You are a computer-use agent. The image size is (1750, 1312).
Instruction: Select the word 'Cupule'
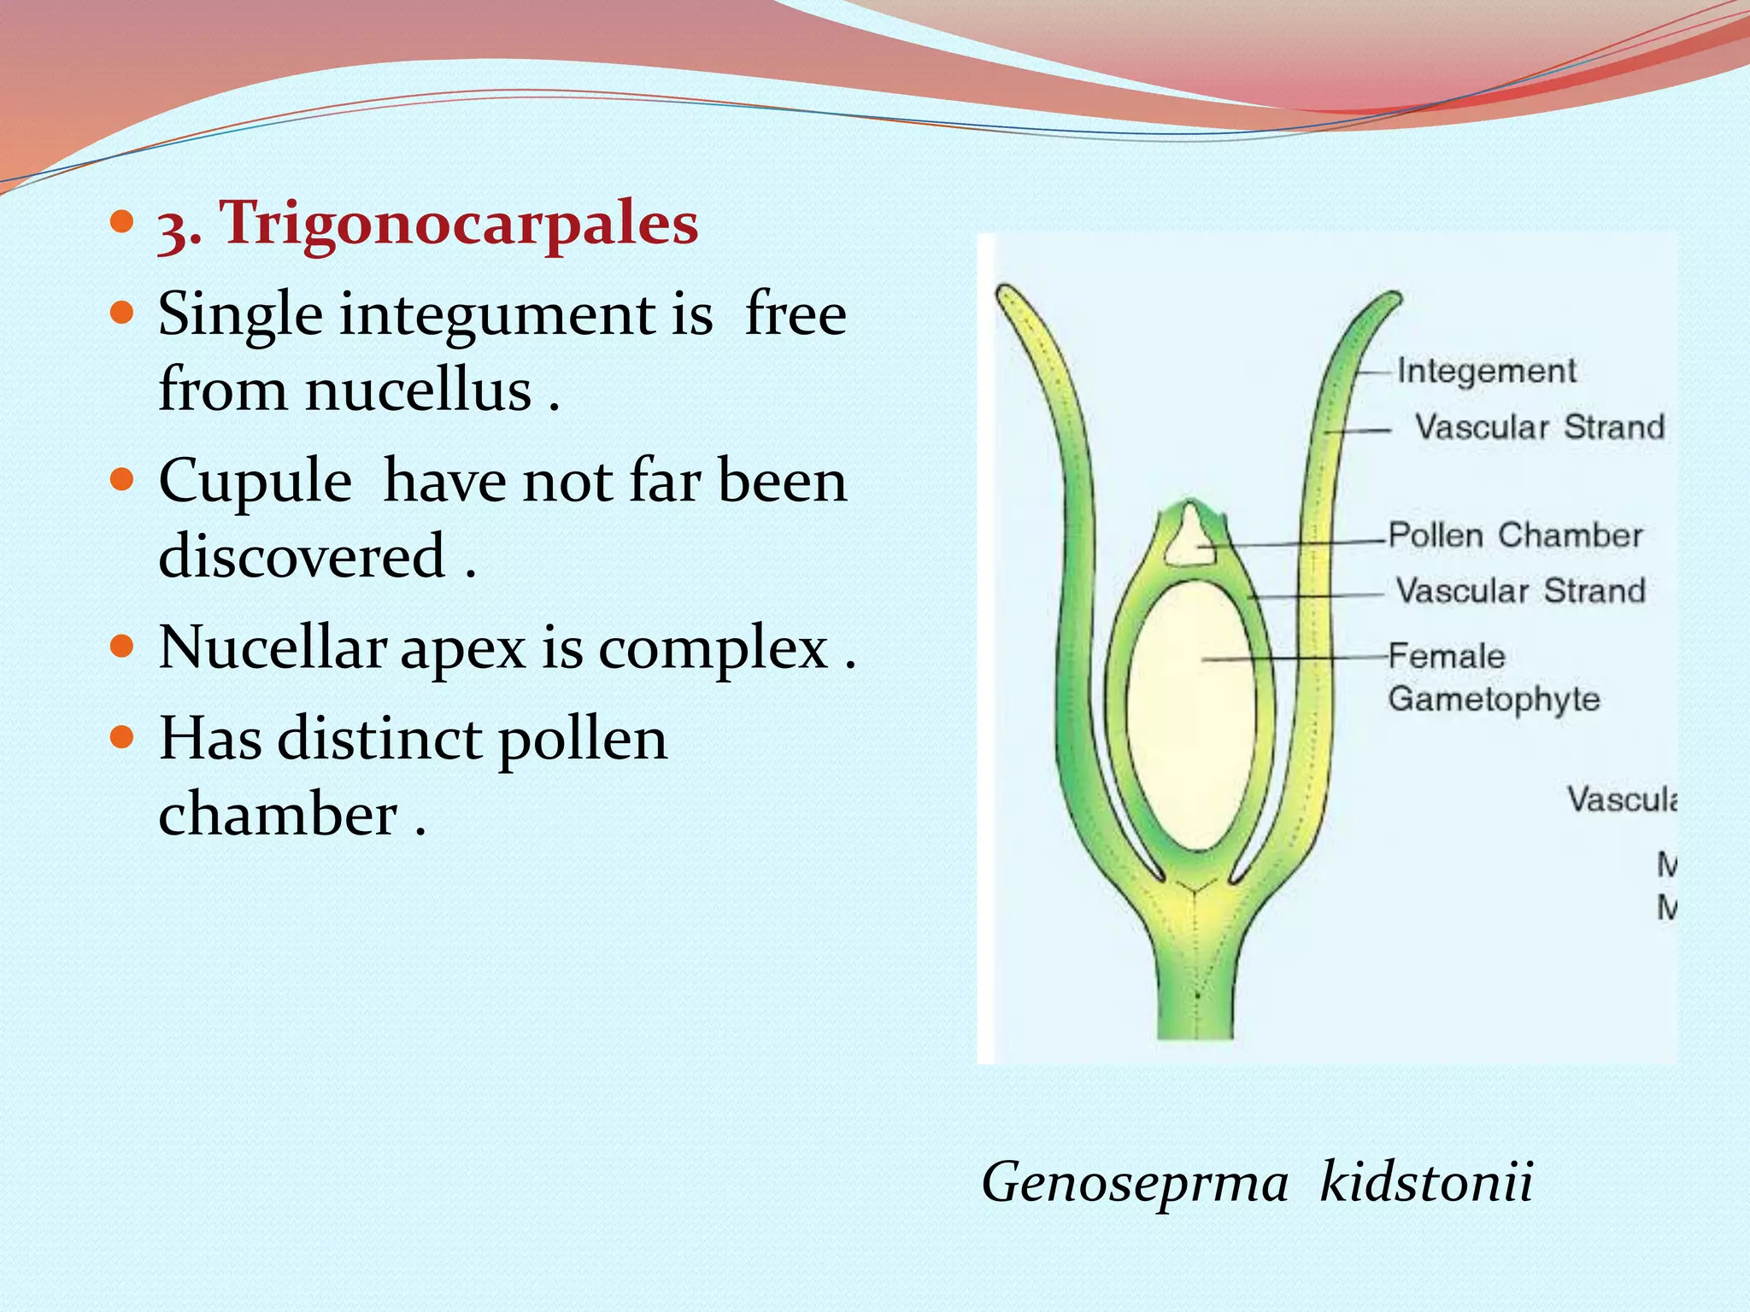255,481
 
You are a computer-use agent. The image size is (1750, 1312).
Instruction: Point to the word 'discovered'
302,556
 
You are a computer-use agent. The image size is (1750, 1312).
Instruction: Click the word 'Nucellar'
272,647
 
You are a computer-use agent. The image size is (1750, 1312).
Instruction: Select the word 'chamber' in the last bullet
278,814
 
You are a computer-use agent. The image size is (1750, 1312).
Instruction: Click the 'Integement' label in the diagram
1487,372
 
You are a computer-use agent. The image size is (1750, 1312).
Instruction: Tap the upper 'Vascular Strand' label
1540,427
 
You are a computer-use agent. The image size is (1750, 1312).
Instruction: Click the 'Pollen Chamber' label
1515,536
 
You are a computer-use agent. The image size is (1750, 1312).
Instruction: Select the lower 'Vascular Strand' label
1521,591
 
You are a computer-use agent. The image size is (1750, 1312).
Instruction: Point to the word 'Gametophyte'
1494,700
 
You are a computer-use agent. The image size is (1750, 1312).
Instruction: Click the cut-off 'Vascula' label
1621,800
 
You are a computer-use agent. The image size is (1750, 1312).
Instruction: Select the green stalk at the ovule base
1196,991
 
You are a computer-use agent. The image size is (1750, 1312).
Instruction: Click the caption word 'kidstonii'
1426,1182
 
